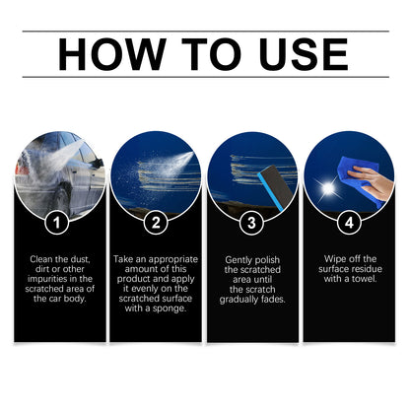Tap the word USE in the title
click(x=299, y=56)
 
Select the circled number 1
click(x=59, y=222)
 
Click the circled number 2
click(x=156, y=222)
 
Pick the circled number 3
click(x=253, y=222)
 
